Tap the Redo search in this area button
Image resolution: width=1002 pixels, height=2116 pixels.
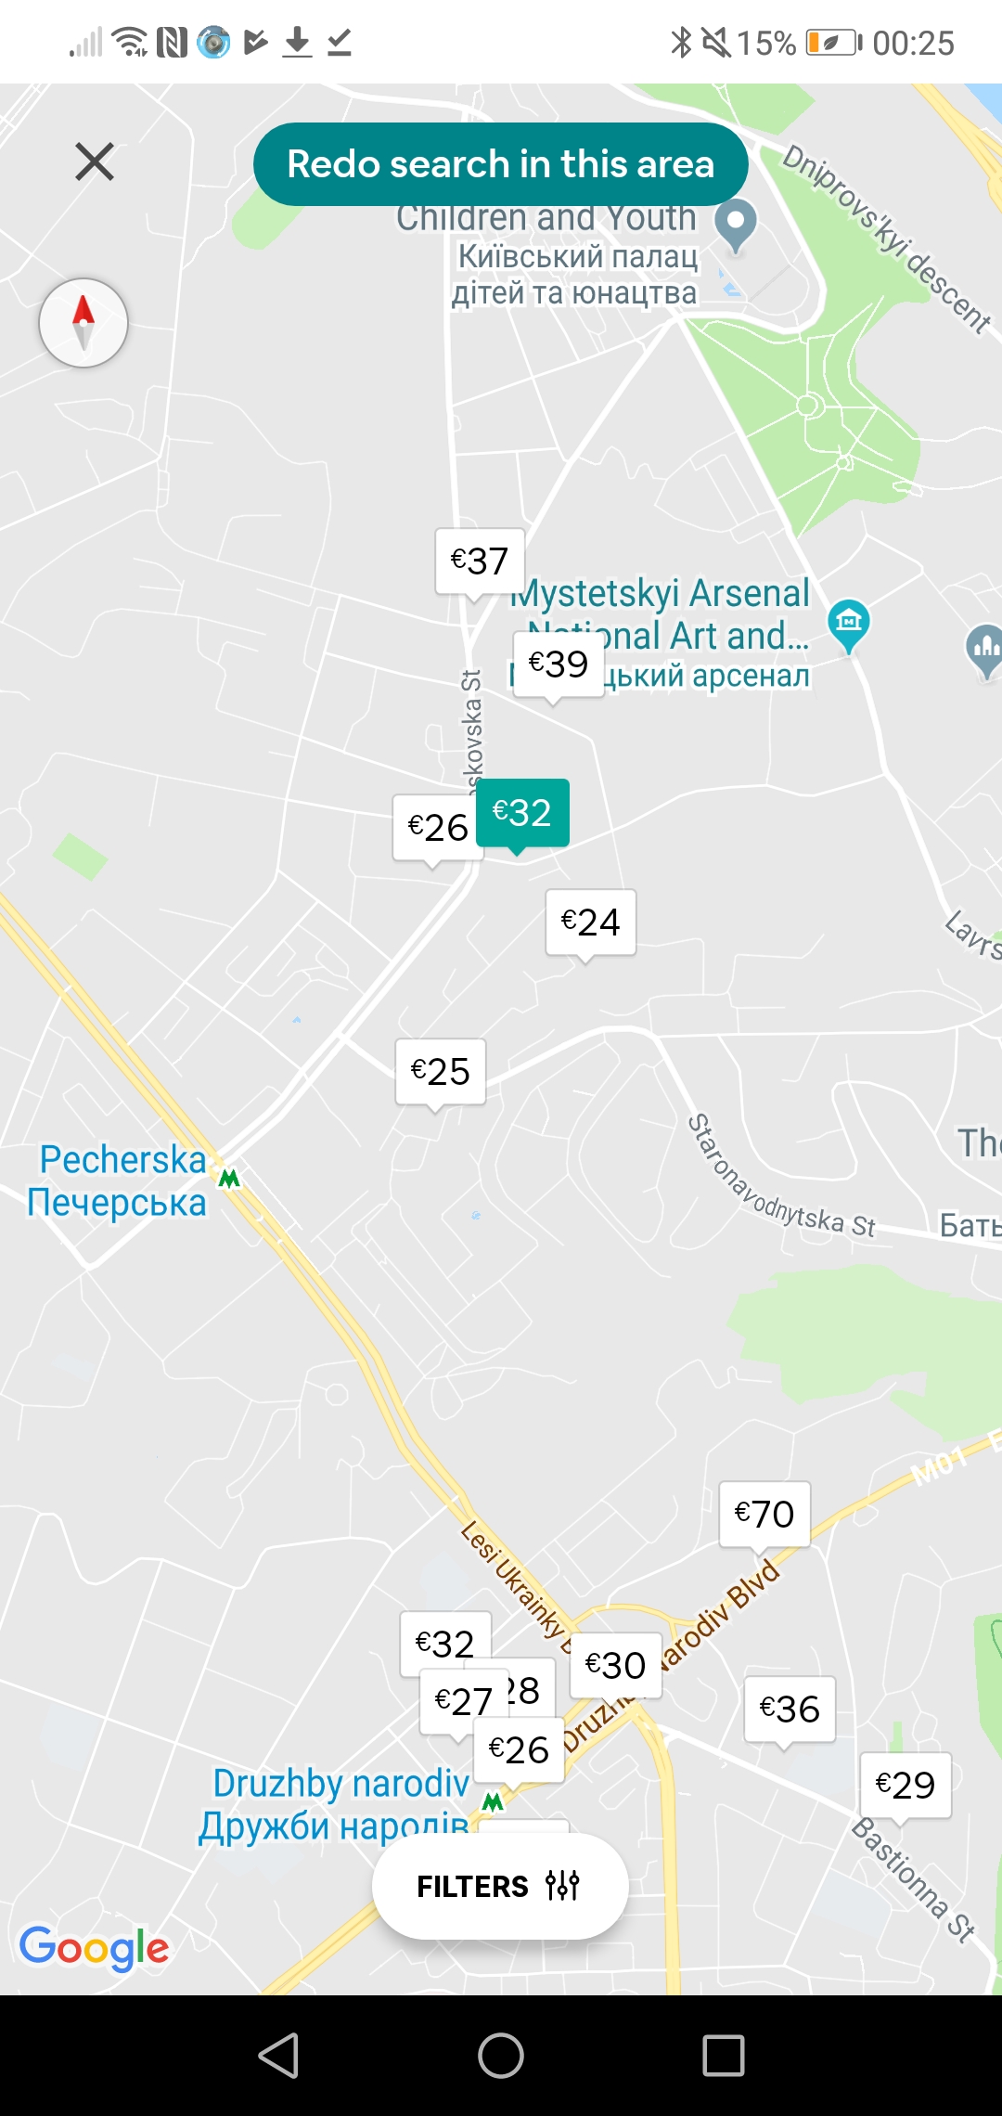click(x=500, y=164)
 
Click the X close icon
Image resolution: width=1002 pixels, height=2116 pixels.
click(x=95, y=161)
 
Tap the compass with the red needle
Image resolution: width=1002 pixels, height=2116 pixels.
click(x=83, y=323)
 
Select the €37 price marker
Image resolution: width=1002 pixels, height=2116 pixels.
click(x=480, y=561)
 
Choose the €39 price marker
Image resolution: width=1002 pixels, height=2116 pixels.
click(x=558, y=664)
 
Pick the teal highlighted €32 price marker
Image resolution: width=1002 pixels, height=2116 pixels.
click(x=522, y=812)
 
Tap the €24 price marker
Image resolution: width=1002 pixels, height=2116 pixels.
click(x=590, y=922)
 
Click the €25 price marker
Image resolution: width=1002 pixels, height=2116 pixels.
click(x=440, y=1071)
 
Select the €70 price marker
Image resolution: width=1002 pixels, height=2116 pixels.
click(x=764, y=1514)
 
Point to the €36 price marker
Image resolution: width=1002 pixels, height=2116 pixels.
click(x=790, y=1709)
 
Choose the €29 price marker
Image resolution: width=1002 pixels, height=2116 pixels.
click(x=906, y=1785)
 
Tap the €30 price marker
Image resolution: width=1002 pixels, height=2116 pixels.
click(x=615, y=1665)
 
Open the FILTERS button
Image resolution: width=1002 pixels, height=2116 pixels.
click(x=499, y=1886)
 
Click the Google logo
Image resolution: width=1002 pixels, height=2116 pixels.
click(x=94, y=1946)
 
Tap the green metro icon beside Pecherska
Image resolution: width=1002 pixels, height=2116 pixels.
click(x=229, y=1179)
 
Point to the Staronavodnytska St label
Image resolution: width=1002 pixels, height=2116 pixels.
click(x=779, y=1177)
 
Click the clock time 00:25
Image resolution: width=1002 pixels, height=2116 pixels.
click(x=913, y=43)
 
